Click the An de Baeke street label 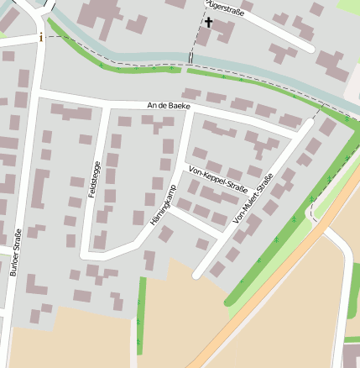[169, 107]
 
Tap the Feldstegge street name [94, 179]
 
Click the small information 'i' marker [39, 37]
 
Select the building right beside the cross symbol [223, 31]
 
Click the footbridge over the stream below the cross [191, 59]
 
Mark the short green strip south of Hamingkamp [141, 311]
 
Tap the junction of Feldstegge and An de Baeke [106, 104]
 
